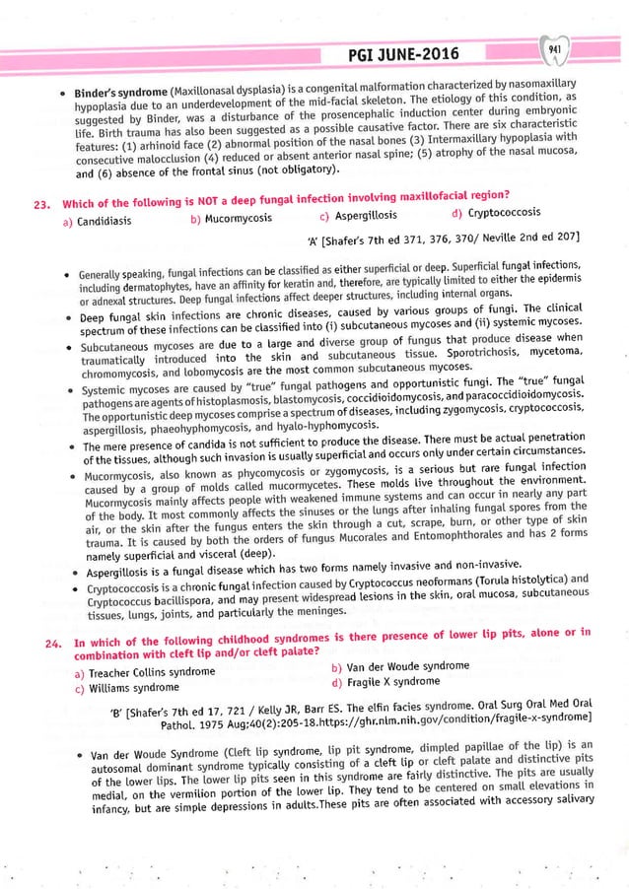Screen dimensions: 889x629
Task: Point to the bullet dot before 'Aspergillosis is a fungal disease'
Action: pos(65,574)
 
